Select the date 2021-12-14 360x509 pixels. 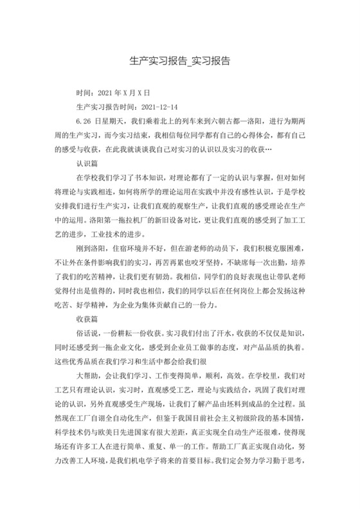tap(159, 107)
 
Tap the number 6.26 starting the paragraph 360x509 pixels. tap(82, 120)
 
